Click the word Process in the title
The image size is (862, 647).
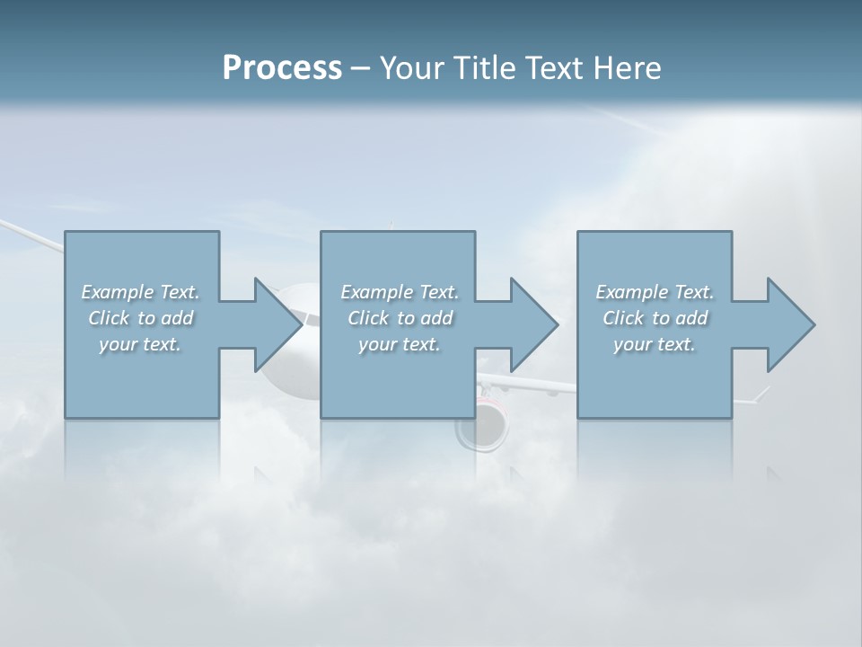[282, 68]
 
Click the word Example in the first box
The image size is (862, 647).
[118, 292]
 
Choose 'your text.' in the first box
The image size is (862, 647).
[140, 344]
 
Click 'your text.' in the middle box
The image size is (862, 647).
[400, 344]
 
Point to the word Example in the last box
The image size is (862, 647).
[632, 292]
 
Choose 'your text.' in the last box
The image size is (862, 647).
[655, 344]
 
